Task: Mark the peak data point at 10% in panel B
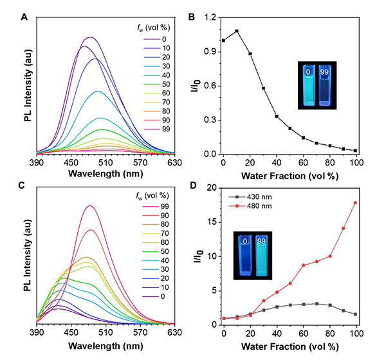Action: [237, 31]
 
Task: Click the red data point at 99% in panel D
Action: [355, 203]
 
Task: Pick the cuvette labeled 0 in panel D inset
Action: [244, 256]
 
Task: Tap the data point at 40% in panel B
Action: [277, 117]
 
